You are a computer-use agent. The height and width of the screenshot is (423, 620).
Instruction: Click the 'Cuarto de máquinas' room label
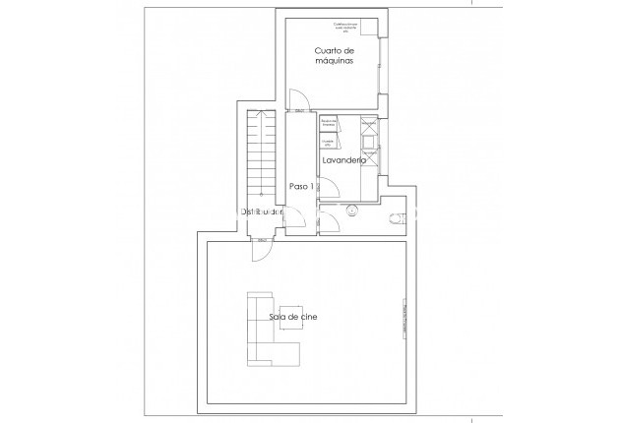tap(334, 57)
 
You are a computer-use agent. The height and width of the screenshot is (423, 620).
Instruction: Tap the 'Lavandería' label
tap(343, 160)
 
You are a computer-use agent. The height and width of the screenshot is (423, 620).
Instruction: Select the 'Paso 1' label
tap(301, 186)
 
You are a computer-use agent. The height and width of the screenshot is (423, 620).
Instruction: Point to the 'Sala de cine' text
tap(292, 317)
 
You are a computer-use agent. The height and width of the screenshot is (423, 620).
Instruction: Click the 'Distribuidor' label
tap(263, 211)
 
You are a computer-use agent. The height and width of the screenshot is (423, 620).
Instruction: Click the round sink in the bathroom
tap(351, 210)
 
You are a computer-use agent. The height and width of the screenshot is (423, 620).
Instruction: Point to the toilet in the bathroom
tap(397, 214)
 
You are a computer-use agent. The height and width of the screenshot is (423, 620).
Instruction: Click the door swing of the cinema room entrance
tap(262, 252)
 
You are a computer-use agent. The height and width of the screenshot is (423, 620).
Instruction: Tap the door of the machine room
tap(300, 98)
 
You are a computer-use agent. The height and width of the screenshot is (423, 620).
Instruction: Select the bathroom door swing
tap(333, 222)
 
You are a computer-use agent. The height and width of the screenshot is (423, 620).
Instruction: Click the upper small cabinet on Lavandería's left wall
tap(329, 123)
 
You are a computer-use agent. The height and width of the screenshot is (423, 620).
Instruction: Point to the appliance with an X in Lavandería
tap(368, 127)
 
